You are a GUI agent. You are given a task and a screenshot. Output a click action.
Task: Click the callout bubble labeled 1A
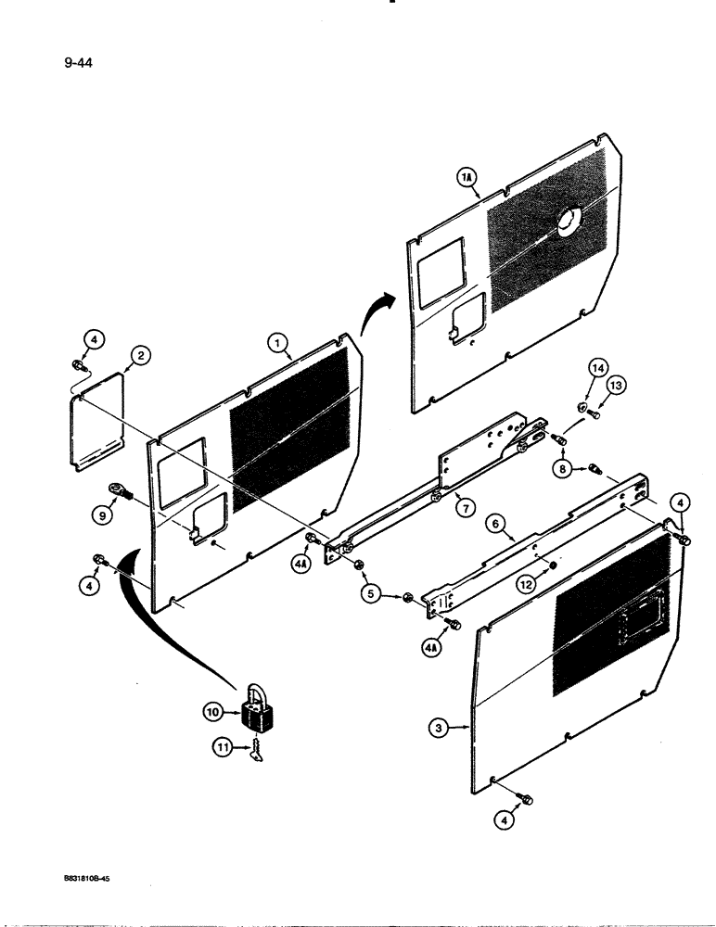tap(466, 175)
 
